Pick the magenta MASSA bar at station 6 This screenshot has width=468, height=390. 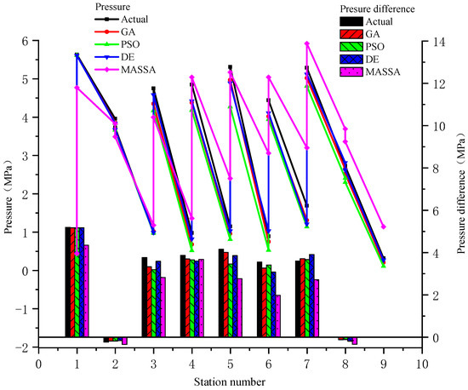(x=277, y=316)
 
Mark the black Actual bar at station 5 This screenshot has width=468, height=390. (x=220, y=293)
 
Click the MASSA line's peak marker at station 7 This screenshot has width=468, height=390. (x=306, y=43)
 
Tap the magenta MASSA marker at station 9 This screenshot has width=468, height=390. (x=384, y=227)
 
